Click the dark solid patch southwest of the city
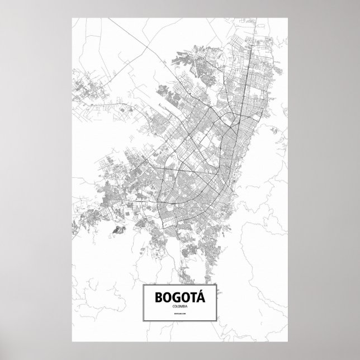pos(118,229)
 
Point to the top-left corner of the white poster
pos(73,17)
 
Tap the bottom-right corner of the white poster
pos(287,343)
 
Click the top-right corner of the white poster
pos(287,17)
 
